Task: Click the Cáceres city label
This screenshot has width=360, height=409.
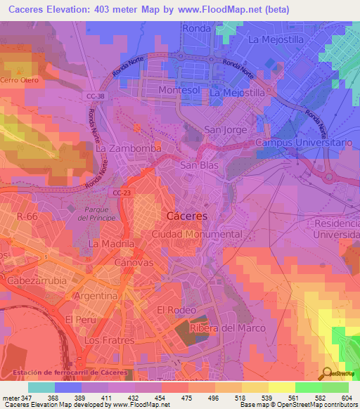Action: [x=186, y=216]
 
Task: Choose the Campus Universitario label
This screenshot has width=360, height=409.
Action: [x=303, y=143]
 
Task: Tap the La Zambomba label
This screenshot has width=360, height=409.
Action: [x=129, y=149]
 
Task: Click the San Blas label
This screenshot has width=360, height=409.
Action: [x=200, y=166]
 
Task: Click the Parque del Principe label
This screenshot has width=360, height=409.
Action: [x=100, y=214]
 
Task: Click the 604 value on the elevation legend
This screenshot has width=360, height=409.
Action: [x=347, y=398]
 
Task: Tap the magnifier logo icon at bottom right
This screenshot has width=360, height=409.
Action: [x=327, y=373]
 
